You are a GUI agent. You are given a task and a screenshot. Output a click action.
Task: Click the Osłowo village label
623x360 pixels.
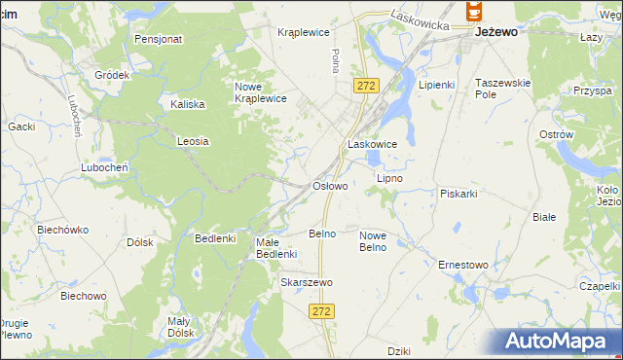pyautogui.click(x=329, y=185)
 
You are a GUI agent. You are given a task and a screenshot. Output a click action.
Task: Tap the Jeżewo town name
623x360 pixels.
pyautogui.click(x=495, y=31)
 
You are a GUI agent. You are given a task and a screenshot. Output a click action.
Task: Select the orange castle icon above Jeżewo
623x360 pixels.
pyautogui.click(x=474, y=11)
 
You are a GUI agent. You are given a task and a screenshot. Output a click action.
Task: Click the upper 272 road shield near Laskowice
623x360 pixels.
pyautogui.click(x=365, y=86)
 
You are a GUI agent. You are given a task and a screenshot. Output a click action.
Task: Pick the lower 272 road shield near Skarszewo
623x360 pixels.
pyautogui.click(x=323, y=310)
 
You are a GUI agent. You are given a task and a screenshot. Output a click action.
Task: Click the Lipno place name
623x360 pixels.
pyautogui.click(x=389, y=179)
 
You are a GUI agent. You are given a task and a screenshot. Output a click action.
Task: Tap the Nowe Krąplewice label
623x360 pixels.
pyautogui.click(x=260, y=91)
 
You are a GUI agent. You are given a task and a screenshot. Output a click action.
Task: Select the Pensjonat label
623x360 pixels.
pyautogui.click(x=159, y=40)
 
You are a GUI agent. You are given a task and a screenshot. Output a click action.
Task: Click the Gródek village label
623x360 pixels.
pyautogui.click(x=112, y=75)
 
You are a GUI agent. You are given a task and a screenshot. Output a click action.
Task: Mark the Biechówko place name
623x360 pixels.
pyautogui.click(x=62, y=231)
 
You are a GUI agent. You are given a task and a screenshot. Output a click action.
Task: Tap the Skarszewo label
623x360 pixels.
pyautogui.click(x=307, y=282)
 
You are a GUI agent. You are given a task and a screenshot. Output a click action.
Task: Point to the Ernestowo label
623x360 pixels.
pyautogui.click(x=462, y=265)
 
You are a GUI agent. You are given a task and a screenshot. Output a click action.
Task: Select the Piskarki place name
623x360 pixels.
pyautogui.click(x=458, y=193)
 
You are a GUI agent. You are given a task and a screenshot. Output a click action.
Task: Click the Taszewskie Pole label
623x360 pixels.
pyautogui.click(x=502, y=90)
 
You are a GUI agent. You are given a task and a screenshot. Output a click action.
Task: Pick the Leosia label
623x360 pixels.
pyautogui.click(x=193, y=141)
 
